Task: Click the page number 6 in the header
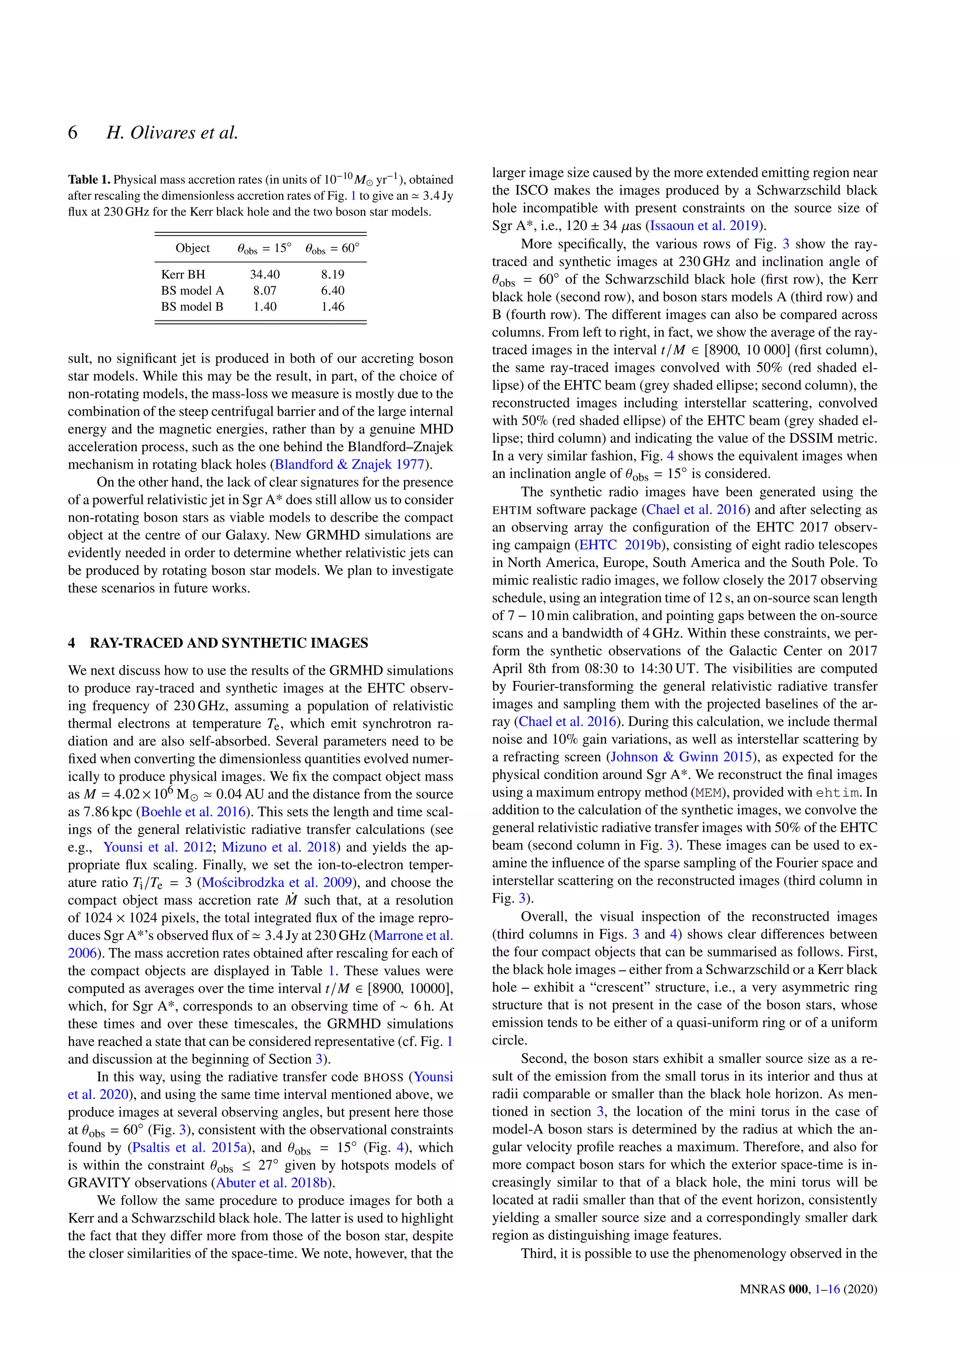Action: (x=73, y=133)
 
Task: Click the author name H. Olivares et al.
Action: (x=172, y=133)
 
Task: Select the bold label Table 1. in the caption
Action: (x=89, y=179)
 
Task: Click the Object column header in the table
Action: (x=193, y=248)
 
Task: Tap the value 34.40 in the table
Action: (x=265, y=274)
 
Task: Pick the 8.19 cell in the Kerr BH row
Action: (x=333, y=274)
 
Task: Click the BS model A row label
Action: (x=193, y=290)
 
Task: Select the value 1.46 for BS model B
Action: (x=333, y=306)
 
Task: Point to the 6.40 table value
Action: (x=333, y=290)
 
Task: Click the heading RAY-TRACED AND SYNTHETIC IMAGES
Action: (x=229, y=643)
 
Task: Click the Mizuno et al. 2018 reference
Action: (x=278, y=847)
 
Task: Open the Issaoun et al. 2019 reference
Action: (x=704, y=225)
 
